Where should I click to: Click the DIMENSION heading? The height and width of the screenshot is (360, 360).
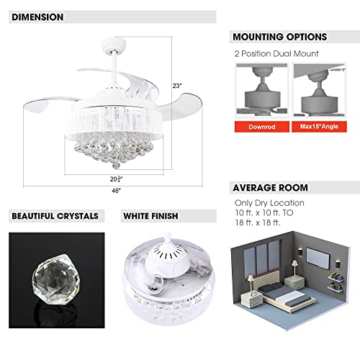(37, 17)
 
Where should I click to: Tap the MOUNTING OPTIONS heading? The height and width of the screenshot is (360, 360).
(279, 37)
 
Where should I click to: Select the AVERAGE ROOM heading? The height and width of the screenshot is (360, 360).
(270, 188)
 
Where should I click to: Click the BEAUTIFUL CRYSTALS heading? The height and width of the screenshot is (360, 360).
(55, 215)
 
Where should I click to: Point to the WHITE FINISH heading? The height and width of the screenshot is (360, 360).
(150, 215)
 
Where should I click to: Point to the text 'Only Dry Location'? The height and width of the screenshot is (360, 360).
(268, 203)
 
